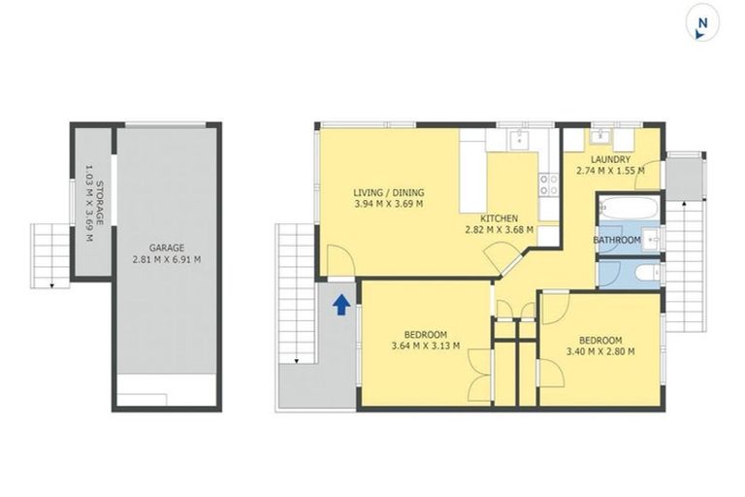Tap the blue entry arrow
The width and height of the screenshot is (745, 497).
coord(340,306)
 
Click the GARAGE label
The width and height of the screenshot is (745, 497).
coord(167,248)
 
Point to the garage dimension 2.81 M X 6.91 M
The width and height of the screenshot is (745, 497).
coord(167,260)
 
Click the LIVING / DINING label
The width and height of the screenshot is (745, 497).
coord(388,192)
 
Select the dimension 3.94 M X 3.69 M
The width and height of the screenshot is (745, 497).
coord(388,205)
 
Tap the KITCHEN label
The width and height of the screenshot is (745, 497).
coord(500,218)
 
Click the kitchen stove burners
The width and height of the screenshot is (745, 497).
coord(550,183)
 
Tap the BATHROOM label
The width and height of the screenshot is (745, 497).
coord(617,240)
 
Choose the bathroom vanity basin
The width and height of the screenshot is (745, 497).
coord(654,239)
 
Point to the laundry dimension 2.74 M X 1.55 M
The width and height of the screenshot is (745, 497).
coord(610,172)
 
